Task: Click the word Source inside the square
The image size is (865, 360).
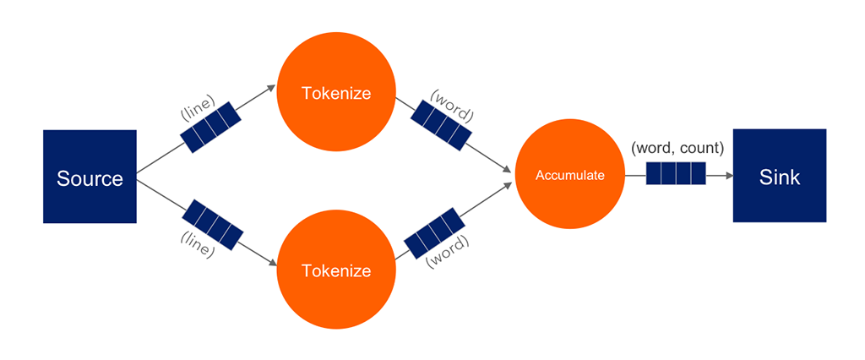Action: (90, 178)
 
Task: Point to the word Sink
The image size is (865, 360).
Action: (779, 178)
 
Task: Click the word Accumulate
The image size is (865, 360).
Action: (570, 176)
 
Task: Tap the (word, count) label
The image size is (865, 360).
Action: (677, 148)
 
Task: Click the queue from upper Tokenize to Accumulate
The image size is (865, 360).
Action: (441, 124)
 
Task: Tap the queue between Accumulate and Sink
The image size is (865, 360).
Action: (675, 176)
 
